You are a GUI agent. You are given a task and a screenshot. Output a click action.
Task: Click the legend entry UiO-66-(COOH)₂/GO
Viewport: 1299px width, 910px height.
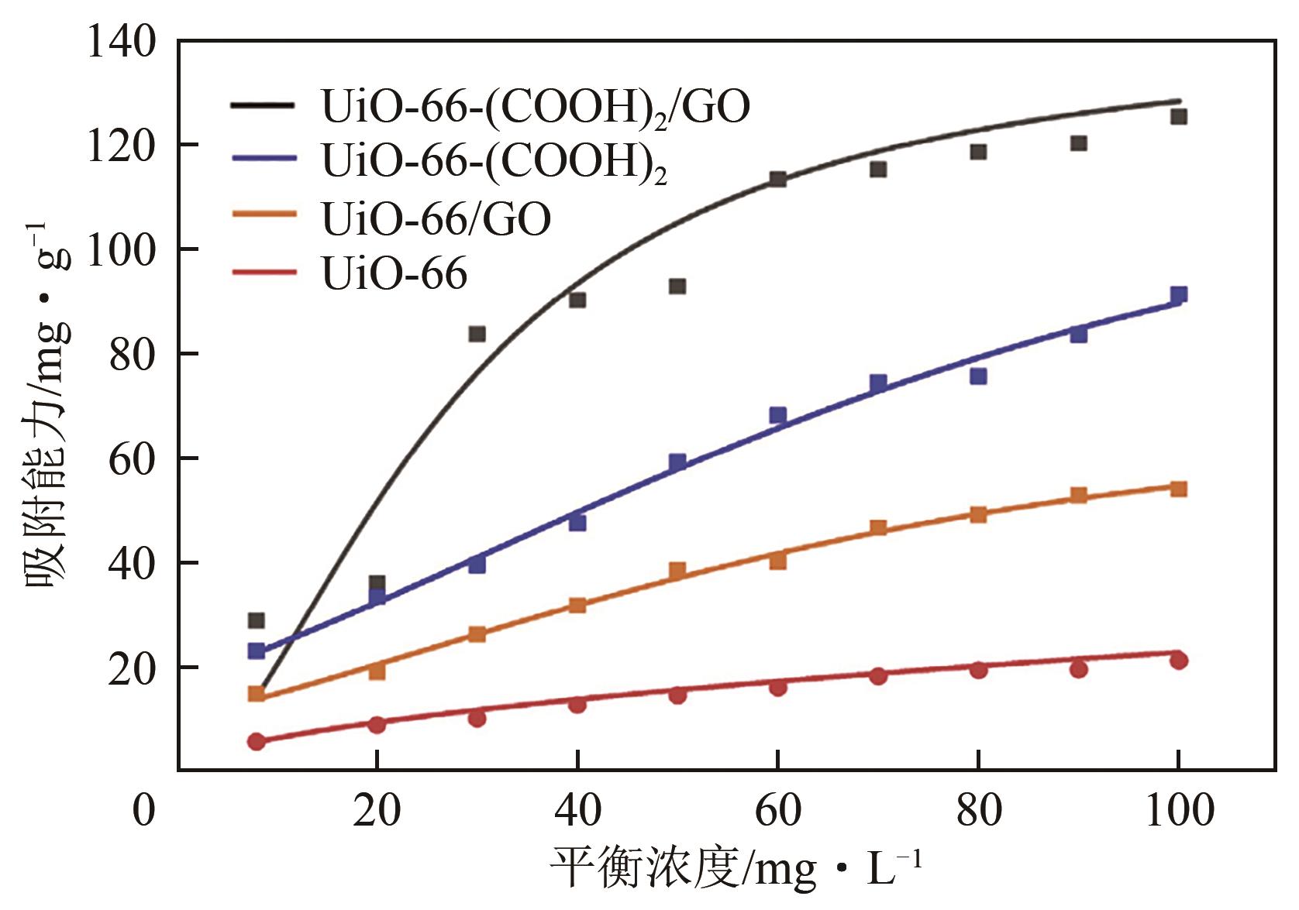(535, 107)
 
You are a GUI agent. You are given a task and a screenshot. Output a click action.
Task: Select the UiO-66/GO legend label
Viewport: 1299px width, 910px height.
(436, 218)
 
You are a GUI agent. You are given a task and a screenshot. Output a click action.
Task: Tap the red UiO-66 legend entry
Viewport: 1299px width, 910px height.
(394, 273)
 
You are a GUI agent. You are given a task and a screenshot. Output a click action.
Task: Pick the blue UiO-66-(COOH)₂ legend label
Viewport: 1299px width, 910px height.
(494, 163)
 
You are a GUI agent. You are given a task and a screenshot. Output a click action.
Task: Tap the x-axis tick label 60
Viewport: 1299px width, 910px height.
(777, 811)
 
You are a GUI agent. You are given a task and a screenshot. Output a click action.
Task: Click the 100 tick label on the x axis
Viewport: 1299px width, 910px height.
(1178, 811)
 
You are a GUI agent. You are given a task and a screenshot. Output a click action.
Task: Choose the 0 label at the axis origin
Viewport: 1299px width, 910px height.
(144, 811)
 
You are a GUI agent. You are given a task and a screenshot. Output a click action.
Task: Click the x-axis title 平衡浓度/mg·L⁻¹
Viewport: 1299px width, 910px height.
(736, 868)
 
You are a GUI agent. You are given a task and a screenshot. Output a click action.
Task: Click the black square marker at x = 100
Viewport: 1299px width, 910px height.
(1179, 117)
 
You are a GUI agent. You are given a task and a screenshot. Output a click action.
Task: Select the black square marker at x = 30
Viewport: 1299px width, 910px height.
(477, 334)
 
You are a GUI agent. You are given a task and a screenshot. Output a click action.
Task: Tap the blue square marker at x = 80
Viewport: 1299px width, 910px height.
(978, 376)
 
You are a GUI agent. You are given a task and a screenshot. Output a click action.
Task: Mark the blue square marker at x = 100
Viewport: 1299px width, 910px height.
(1179, 295)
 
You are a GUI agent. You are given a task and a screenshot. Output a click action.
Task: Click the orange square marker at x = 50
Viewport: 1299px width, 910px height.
(677, 572)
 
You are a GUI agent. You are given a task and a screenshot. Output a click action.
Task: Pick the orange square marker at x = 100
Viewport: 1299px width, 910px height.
(1179, 489)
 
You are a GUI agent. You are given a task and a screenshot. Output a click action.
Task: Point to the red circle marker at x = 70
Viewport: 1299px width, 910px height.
(878, 676)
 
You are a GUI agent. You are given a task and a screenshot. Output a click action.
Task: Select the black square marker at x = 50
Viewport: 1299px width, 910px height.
(677, 287)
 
